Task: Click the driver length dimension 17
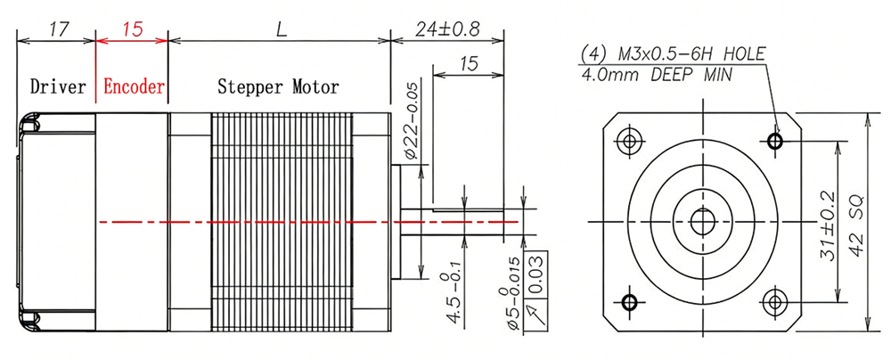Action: click(60, 29)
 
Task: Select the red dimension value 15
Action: click(132, 29)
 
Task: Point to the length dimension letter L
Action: click(281, 29)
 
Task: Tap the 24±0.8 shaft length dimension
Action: click(448, 29)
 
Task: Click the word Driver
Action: click(58, 87)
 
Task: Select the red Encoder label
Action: click(134, 87)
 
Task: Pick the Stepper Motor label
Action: click(278, 87)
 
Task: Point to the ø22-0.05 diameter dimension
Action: click(412, 120)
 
